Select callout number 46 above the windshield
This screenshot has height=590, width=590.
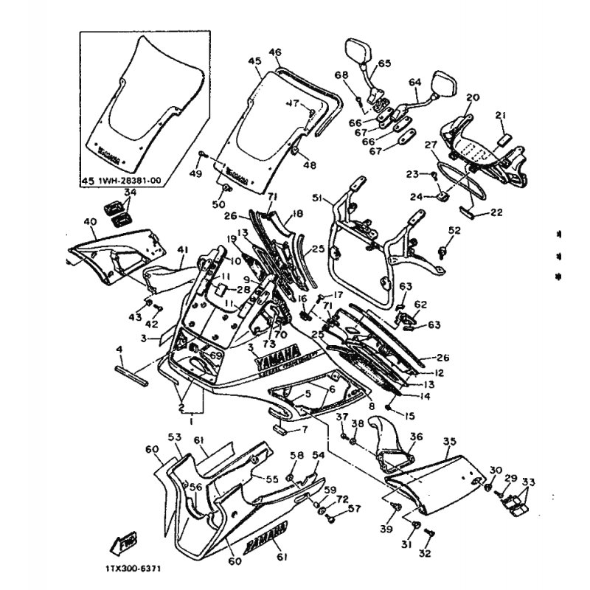point(275,52)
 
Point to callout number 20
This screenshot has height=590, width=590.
point(473,97)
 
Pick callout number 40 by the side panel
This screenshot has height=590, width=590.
point(90,222)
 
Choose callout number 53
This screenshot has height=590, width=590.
point(175,438)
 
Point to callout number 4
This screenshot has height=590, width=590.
point(119,348)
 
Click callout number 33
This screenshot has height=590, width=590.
point(527,483)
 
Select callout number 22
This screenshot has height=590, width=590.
point(496,212)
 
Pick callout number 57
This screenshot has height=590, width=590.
point(355,508)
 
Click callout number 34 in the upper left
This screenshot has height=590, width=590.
point(130,192)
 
